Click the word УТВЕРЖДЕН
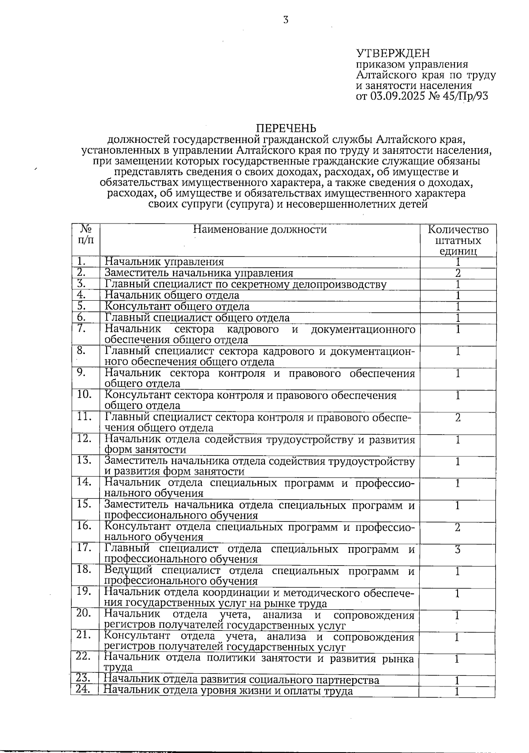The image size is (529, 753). point(392,54)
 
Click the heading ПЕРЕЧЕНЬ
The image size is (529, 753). point(286,128)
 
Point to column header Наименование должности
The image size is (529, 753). point(260,229)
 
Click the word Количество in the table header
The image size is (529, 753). point(458,230)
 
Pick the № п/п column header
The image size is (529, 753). point(86,234)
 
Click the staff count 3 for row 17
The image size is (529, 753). point(458,549)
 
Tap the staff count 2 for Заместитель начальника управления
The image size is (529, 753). point(458,273)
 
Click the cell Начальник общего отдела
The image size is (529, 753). point(172,295)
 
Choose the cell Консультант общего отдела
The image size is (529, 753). point(177,306)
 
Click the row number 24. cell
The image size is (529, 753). point(83,690)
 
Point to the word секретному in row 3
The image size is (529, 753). point(261,284)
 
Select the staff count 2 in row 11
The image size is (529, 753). point(458,417)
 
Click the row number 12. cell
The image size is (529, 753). point(84,438)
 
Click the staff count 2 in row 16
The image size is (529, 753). point(458,527)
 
